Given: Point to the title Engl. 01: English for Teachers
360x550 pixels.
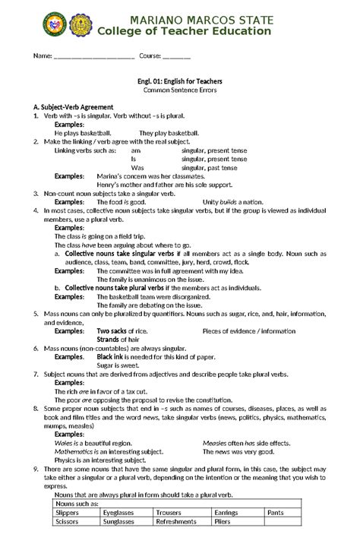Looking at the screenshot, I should click(x=180, y=80).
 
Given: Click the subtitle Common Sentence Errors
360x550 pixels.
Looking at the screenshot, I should click(x=180, y=90).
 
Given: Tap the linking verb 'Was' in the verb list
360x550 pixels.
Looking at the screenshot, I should click(x=137, y=167).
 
